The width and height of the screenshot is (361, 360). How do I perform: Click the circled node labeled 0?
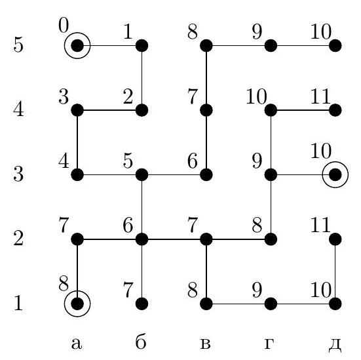point(77,46)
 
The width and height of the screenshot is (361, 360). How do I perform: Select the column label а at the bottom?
point(77,344)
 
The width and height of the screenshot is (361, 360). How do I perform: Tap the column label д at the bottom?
point(335,344)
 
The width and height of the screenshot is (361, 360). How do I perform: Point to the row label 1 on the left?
point(18,302)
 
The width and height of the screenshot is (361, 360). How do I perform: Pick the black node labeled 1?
point(142,46)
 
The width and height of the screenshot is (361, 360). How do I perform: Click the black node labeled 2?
point(142,110)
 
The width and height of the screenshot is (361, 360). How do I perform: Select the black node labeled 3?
point(77,110)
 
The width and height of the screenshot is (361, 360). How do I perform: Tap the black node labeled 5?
point(142,174)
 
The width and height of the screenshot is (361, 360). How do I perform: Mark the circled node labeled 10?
point(335,174)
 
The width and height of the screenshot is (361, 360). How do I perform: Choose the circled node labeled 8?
point(77,304)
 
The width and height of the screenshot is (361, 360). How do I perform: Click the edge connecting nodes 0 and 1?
point(109,46)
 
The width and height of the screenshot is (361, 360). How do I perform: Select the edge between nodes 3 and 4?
point(77,142)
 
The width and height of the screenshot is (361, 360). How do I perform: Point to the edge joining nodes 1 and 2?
point(142,78)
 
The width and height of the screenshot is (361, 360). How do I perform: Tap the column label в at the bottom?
point(205,344)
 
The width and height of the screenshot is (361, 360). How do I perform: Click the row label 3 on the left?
point(18,174)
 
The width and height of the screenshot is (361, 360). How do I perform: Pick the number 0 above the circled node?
point(64,26)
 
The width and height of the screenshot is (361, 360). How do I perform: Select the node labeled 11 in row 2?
point(335,239)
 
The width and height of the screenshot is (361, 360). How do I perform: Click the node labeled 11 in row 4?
point(335,110)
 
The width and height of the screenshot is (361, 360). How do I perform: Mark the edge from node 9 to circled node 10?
point(303,174)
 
